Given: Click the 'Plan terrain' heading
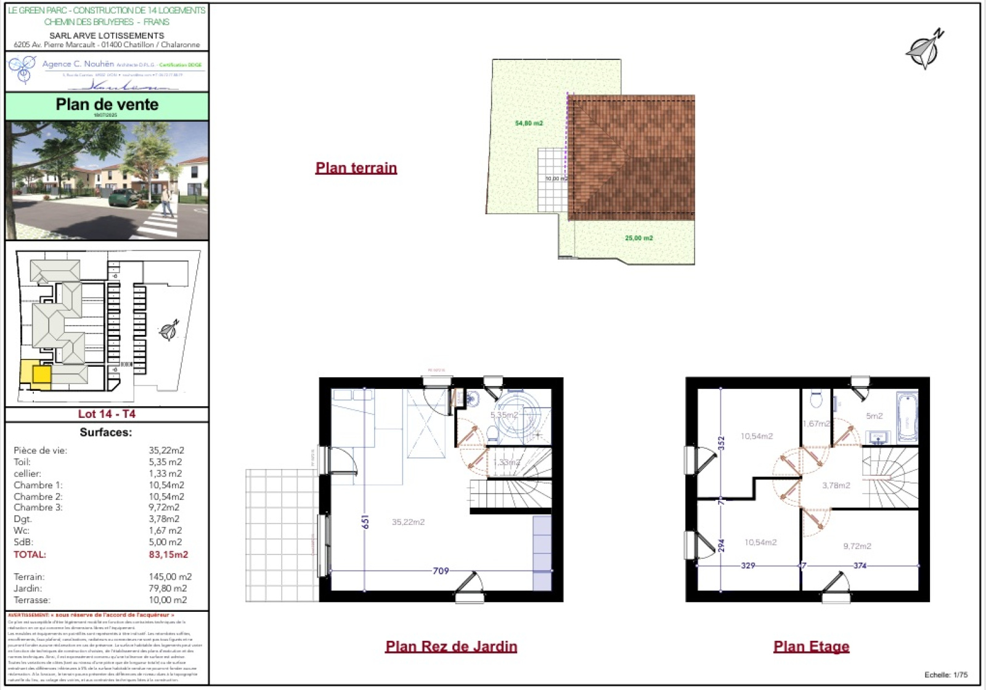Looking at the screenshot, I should click(x=356, y=168).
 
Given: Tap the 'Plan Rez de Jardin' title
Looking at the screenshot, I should click(x=451, y=646).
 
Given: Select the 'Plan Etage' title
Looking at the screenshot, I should click(x=811, y=646).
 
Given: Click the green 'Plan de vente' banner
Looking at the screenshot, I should click(x=107, y=105).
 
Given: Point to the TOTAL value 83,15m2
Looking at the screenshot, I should click(x=168, y=555).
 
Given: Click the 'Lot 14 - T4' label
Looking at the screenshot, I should click(x=107, y=414).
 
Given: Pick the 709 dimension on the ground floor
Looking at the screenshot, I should click(x=441, y=571).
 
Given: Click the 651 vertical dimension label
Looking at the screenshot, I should click(x=365, y=522).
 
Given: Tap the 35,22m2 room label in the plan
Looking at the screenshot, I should click(x=408, y=522).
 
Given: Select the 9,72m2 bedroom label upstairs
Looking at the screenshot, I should click(x=857, y=546).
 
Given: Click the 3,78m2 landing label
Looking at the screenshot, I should click(x=836, y=486).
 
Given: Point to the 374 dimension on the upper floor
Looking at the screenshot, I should click(x=860, y=566).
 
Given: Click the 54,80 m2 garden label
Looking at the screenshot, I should click(x=529, y=123).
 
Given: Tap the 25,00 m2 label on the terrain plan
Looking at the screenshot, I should click(x=638, y=238).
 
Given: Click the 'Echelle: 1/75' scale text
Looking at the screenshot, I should click(x=945, y=675).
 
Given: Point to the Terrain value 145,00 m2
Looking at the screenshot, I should click(x=170, y=577).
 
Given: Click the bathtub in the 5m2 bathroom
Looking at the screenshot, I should click(x=907, y=417).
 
